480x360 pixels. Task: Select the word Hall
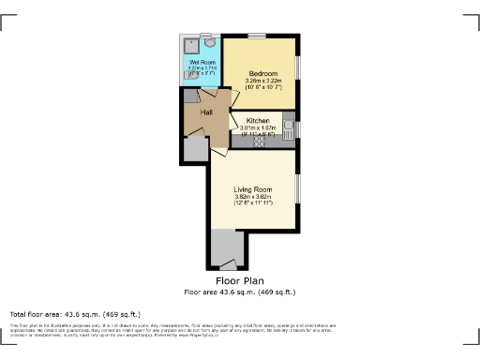pyautogui.click(x=206, y=112)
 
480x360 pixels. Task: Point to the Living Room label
pyautogui.click(x=252, y=189)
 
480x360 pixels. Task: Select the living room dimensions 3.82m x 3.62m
pyautogui.click(x=252, y=197)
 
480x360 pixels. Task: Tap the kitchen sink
pyautogui.click(x=289, y=125)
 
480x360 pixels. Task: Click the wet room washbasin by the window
pyautogui.click(x=210, y=42)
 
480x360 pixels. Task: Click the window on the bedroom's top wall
pyautogui.click(x=255, y=36)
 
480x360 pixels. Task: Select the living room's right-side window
pyautogui.click(x=297, y=188)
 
